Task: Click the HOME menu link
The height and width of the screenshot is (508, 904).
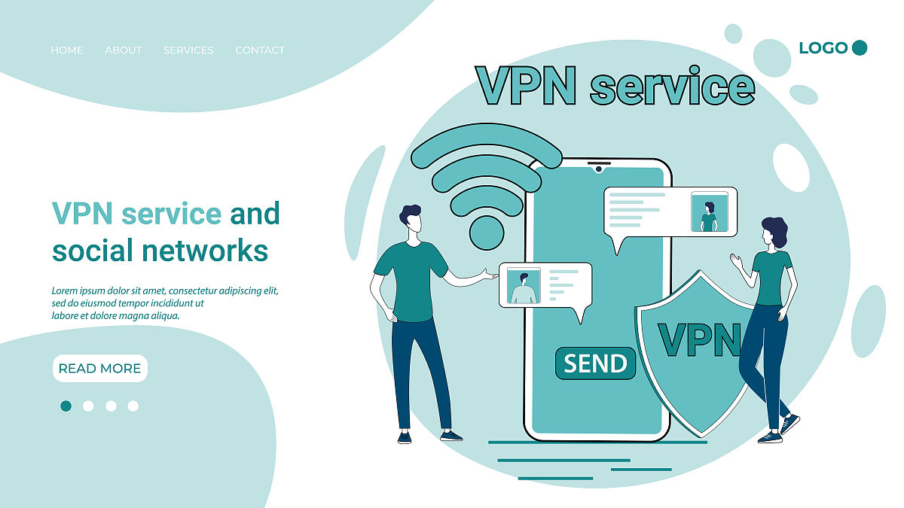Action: [x=67, y=50]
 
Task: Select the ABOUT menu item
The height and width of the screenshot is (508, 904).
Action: [x=123, y=50]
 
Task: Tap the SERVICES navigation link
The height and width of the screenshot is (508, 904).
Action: [x=188, y=50]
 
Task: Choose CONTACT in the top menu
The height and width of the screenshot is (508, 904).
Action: [x=260, y=50]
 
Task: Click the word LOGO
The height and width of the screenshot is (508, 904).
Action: [x=823, y=48]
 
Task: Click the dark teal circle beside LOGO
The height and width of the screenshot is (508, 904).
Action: [x=860, y=47]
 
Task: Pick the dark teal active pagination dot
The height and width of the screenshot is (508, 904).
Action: [x=66, y=406]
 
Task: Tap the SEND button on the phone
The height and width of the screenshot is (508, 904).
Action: [x=595, y=364]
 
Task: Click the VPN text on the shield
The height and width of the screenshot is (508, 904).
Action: [x=699, y=340]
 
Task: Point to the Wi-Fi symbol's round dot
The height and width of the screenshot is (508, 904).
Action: [x=487, y=233]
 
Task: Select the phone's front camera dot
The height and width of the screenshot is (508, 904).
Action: [x=599, y=169]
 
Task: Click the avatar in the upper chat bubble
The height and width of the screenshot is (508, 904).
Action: [x=710, y=211]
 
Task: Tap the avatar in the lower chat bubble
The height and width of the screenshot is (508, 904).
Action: [x=524, y=285]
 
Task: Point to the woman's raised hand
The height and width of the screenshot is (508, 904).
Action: [x=736, y=260]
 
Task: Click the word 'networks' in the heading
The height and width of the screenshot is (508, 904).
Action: [x=205, y=251]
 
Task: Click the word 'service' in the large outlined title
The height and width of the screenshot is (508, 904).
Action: [x=672, y=87]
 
